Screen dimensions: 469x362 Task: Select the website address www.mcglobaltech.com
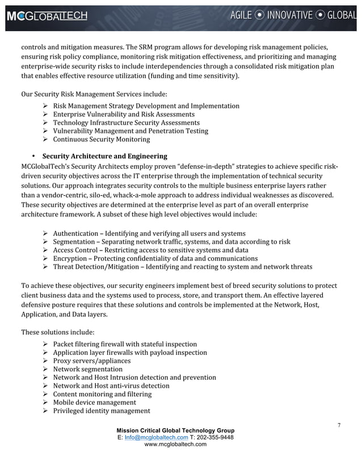tap(175, 445)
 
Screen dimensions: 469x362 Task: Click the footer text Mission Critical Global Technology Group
tap(175, 430)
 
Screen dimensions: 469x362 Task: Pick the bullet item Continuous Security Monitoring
tap(101, 139)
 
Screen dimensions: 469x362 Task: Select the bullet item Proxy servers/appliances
tap(91, 361)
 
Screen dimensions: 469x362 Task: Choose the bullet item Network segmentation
tap(87, 369)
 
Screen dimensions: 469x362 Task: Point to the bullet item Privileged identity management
tap(101, 411)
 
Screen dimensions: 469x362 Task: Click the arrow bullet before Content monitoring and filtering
tap(45, 394)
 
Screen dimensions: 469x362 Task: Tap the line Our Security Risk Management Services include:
tap(94, 93)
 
